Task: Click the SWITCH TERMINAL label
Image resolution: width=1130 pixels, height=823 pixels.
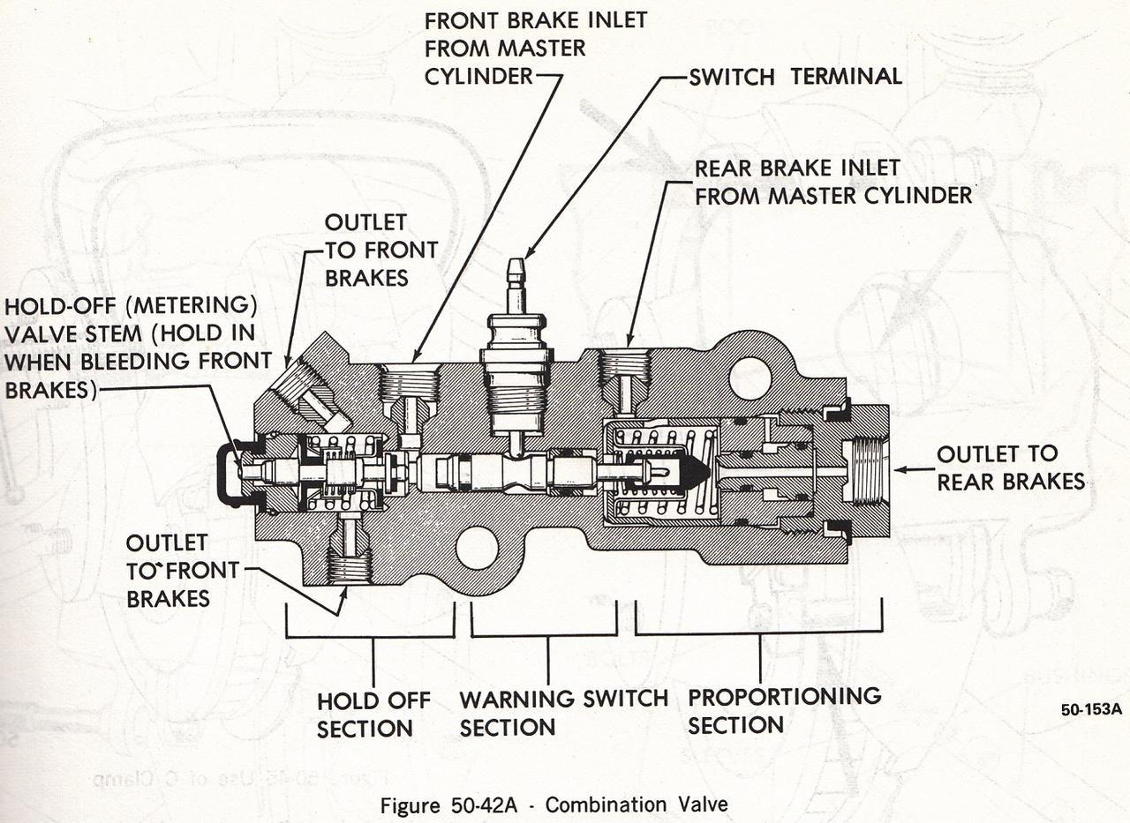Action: [795, 77]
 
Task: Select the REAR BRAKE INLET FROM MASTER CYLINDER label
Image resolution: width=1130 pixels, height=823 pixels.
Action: [833, 182]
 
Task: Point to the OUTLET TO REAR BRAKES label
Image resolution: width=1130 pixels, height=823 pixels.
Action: [1010, 468]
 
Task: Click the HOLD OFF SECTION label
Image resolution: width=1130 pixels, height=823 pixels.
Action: [373, 715]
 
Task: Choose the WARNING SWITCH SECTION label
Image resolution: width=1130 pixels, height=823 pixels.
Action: [563, 713]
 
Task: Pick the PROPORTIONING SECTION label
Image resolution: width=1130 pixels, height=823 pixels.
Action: [784, 710]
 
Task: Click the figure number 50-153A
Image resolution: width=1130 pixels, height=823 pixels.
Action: [1091, 711]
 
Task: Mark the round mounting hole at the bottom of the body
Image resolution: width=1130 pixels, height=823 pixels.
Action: [477, 548]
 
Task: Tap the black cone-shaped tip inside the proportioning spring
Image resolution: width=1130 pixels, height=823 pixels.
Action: [694, 474]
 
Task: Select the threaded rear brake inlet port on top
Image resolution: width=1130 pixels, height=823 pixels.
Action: [624, 366]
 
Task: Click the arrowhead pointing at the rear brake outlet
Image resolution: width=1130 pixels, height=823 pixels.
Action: [901, 470]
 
